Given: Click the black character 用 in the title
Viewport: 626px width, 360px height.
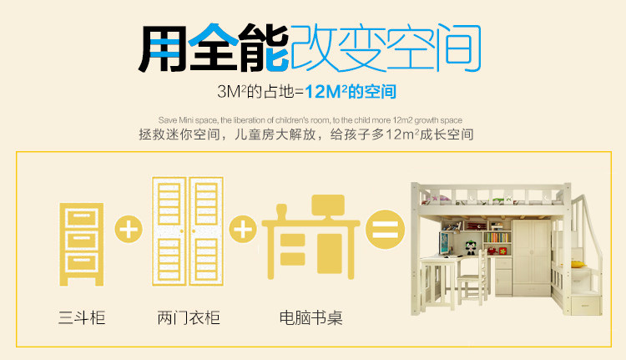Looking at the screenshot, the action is click(163, 48).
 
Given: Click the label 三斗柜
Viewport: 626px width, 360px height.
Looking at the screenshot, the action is click(82, 318).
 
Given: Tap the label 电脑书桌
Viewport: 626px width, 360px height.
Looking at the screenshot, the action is click(310, 318).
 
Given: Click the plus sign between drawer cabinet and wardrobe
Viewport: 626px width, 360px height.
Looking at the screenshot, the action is click(129, 229).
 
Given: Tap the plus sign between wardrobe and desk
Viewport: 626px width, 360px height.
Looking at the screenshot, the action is click(242, 229).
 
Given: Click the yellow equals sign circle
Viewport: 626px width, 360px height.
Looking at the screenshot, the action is click(383, 229).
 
